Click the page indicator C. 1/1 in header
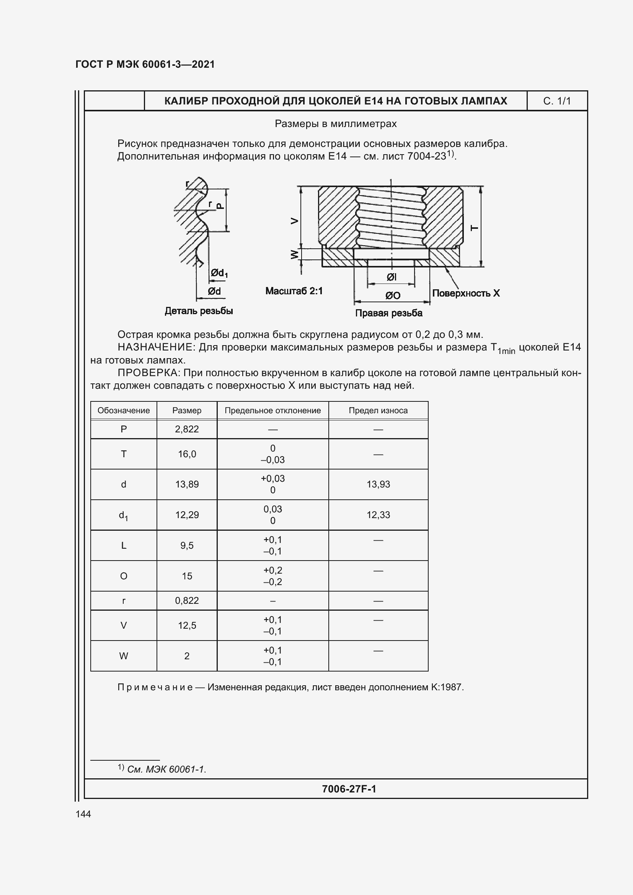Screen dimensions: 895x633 point(556,101)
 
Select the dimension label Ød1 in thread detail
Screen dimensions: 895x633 point(219,273)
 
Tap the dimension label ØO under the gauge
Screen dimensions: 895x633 point(393,296)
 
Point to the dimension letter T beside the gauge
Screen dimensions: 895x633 point(474,228)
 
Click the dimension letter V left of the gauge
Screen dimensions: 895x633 point(295,221)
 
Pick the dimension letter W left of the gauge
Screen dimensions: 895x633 point(295,254)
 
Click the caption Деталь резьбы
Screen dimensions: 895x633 point(199,311)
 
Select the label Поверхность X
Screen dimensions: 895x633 point(465,293)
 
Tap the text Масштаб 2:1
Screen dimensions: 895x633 point(294,291)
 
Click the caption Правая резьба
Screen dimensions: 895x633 point(388,313)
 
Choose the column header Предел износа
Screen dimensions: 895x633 point(378,411)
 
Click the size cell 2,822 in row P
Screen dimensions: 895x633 point(187,429)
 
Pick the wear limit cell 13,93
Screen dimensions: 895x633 point(378,484)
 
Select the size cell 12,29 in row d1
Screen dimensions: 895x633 point(187,515)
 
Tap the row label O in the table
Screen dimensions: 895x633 point(124,576)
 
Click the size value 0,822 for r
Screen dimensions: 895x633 point(187,600)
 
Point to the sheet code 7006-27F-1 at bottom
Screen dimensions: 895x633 point(349,789)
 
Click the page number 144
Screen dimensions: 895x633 point(83,814)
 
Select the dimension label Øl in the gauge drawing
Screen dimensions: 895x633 point(392,277)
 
